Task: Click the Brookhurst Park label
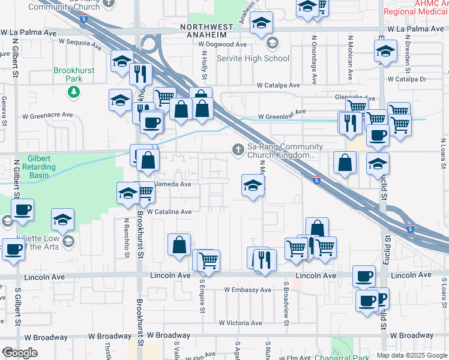74,74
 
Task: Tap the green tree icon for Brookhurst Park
74,92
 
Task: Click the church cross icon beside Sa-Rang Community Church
238,149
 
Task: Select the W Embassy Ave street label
248,290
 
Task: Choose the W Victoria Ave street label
240,323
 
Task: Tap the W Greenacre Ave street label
47,115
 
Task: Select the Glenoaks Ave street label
355,98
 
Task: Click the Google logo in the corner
20,353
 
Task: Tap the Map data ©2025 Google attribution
412,355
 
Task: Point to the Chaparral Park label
341,357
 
